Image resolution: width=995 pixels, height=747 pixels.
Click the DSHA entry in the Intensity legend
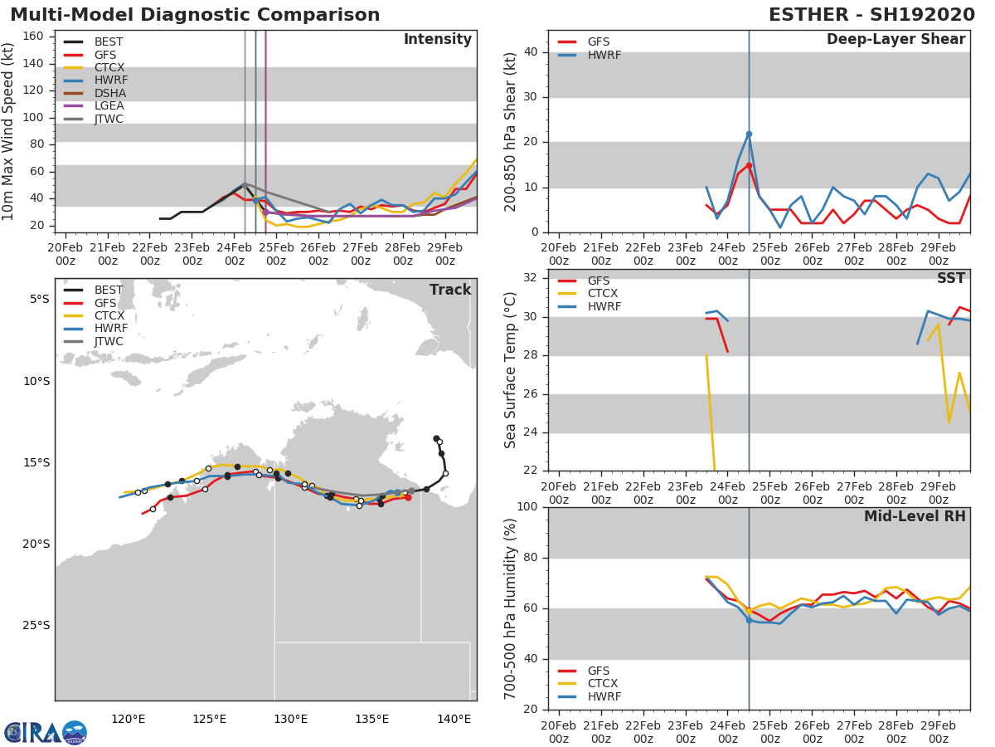point(95,94)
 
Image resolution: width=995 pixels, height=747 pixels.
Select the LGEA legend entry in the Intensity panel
point(94,105)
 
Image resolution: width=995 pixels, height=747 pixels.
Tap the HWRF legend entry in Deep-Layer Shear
point(590,55)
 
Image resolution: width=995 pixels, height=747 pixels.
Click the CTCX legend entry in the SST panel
point(588,294)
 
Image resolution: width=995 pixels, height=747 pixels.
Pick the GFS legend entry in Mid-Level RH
point(584,671)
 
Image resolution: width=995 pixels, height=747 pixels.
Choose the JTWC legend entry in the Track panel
point(94,341)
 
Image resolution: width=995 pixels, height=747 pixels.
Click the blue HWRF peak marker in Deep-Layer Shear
point(749,134)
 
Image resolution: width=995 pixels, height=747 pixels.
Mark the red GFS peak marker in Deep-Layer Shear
point(749,165)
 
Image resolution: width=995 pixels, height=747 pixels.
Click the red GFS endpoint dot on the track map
point(408,497)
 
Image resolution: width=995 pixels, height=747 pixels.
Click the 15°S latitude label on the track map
point(36,462)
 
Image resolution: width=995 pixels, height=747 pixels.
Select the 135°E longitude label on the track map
point(371,720)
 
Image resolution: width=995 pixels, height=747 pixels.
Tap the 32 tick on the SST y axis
point(531,277)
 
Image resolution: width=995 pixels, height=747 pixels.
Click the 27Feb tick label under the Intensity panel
point(361,254)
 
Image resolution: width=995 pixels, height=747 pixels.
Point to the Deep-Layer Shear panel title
point(895,40)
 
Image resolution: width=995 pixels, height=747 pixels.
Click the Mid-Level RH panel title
point(915,516)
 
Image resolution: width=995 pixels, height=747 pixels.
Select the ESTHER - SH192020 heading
point(871,15)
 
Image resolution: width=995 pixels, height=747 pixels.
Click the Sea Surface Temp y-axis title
point(510,370)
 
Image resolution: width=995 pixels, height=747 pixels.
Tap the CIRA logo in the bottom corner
point(46,732)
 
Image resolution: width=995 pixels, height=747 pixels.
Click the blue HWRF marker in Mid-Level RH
point(749,621)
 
